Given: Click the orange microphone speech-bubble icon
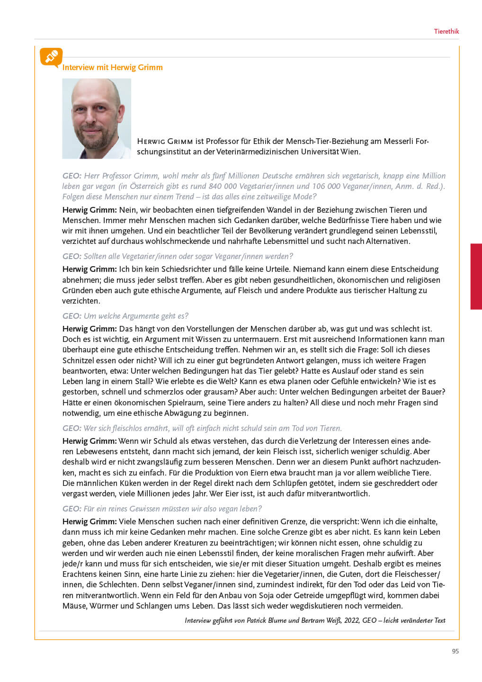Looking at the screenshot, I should pos(51,57).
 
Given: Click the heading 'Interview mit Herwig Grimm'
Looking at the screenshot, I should pos(112,67).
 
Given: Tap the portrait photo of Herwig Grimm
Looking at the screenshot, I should pos(97,118).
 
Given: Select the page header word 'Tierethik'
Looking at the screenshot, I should pos(446,31).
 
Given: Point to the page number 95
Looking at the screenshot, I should pos(455,651).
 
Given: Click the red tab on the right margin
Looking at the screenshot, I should pos(476,277).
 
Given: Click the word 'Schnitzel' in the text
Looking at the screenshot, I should pos(79,360).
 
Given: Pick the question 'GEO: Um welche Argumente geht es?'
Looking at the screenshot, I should pos(125,316).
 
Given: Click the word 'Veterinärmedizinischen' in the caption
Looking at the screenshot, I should pos(257,152).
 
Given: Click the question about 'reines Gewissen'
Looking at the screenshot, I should pos(162,509).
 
